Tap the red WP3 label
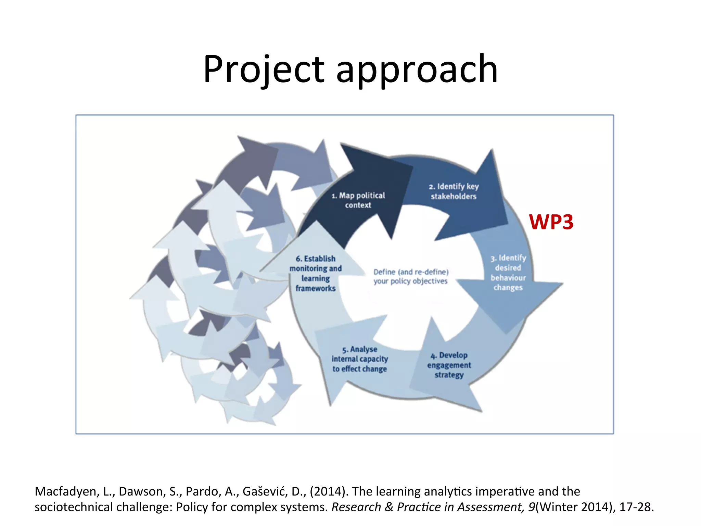click(551, 222)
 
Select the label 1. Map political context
click(358, 200)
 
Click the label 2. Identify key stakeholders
click(454, 191)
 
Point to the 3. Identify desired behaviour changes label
click(508, 273)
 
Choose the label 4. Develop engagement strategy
click(449, 365)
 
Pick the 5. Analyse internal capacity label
click(359, 359)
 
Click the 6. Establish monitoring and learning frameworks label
click(316, 273)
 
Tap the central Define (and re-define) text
click(411, 272)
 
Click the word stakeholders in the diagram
click(454, 197)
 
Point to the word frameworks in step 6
click(316, 288)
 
